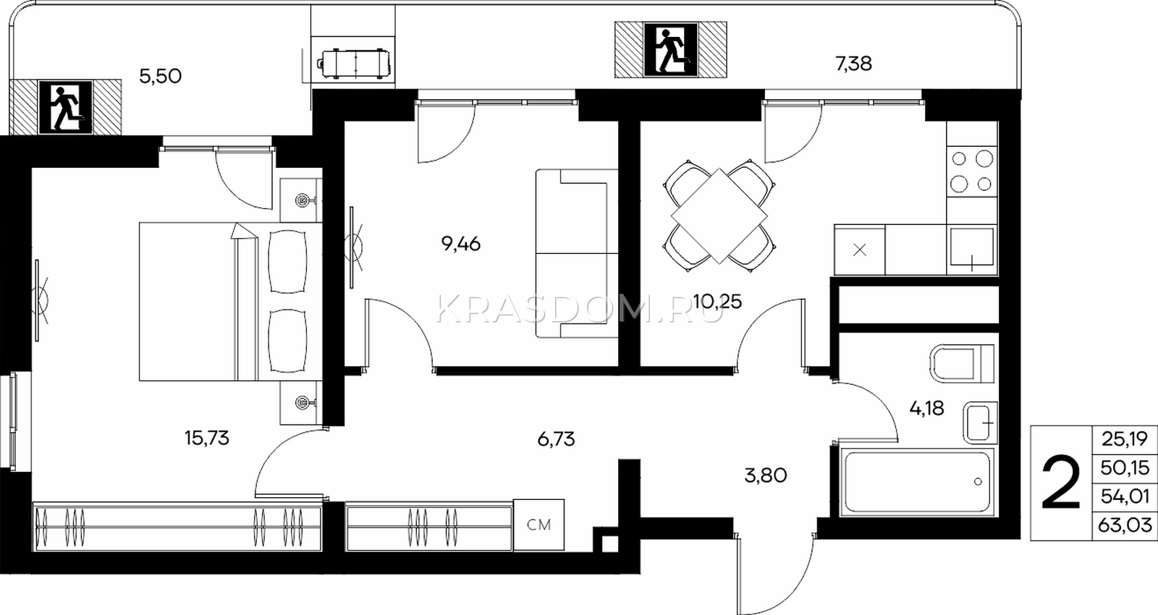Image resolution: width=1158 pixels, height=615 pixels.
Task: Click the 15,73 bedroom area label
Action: point(207,438)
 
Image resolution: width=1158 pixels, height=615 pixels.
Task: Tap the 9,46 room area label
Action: point(461,243)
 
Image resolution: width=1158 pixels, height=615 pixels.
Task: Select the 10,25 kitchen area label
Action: point(717,301)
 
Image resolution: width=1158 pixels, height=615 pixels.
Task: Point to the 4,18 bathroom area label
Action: point(927,408)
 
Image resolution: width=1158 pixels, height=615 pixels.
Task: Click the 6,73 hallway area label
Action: point(557,439)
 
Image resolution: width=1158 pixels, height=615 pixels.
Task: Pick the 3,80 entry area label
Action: point(766,475)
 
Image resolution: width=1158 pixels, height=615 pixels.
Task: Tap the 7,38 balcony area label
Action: point(854,64)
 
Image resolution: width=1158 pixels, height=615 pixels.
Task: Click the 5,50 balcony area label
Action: point(160,77)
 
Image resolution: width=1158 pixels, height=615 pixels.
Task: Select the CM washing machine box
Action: point(538,525)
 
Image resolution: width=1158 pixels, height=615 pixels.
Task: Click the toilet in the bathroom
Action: point(962,364)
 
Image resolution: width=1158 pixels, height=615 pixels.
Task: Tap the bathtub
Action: point(917,483)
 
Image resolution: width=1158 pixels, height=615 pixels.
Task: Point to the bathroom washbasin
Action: point(980,423)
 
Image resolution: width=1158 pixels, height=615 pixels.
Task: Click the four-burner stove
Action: point(972,171)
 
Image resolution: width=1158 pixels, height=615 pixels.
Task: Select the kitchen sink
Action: point(972,249)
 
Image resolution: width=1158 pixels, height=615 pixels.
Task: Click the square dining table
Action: point(719,216)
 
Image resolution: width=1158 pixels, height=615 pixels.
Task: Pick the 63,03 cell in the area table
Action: point(1125,525)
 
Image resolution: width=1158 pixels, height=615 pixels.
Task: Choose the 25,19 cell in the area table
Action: point(1125,439)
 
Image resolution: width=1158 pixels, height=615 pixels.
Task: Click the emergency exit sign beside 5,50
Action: point(65,108)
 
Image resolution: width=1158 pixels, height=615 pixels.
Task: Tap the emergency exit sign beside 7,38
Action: point(670,50)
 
